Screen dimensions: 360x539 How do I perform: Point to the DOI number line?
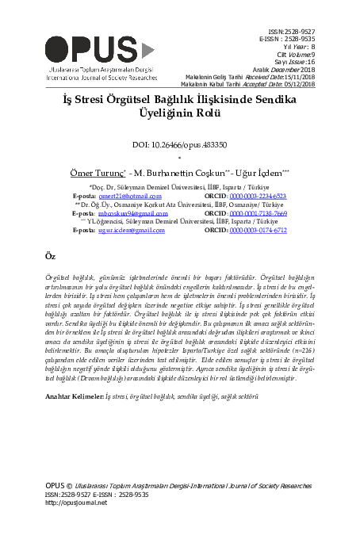[x=180, y=145]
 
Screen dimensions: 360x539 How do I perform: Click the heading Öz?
[x=51, y=258]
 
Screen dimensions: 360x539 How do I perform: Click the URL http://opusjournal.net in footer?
[x=76, y=503]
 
